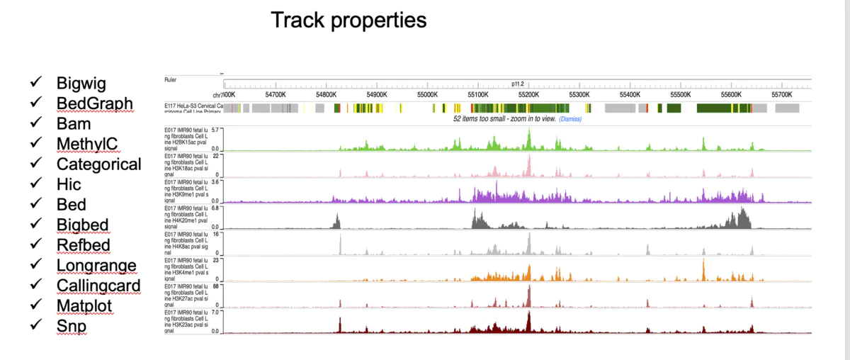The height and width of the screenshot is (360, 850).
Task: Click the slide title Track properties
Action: pos(348,20)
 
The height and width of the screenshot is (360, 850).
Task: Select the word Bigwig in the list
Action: pos(81,84)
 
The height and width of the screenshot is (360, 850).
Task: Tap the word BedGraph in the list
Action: pos(95,103)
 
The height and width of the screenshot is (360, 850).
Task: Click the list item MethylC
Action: pos(87,145)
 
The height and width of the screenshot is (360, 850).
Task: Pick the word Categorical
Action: pos(99,164)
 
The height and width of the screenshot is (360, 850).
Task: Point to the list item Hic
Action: pos(69,184)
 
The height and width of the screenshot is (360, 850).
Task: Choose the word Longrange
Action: pos(96,266)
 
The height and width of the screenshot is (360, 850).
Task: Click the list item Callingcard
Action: pos(98,286)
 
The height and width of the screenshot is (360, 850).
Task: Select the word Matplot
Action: pos(84,306)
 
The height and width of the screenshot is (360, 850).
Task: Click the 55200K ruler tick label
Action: pos(528,94)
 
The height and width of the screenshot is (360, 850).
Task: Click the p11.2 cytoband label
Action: pos(517,84)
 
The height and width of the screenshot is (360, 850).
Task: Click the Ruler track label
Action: pos(170,79)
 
